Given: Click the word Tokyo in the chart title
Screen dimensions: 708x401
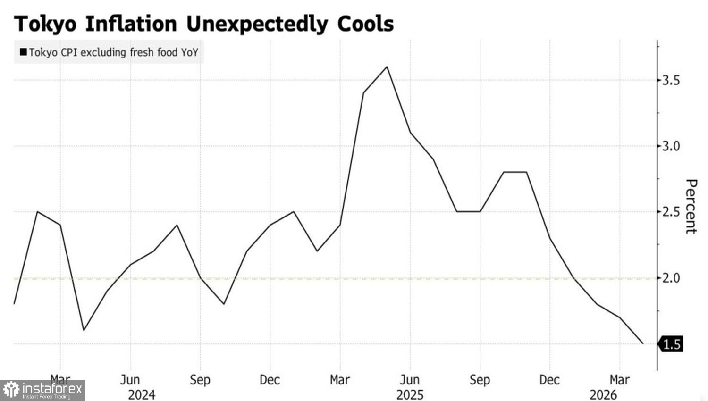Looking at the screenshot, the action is (x=45, y=24).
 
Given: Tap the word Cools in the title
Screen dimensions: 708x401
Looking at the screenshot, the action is (x=365, y=24).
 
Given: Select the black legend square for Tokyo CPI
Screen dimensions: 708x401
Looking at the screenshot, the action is (x=23, y=52).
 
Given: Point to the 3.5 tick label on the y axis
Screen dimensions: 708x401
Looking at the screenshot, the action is (x=671, y=81).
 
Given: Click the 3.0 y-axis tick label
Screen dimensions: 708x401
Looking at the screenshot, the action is (x=671, y=146).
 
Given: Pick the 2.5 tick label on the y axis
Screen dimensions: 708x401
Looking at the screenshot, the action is (x=671, y=212).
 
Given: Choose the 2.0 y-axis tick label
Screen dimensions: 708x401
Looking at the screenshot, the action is (x=671, y=278).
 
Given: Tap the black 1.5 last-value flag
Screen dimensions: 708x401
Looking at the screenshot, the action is (x=670, y=344).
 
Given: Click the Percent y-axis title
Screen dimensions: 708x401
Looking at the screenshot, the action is (x=691, y=207).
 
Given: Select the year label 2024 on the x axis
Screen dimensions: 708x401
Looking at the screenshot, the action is (x=142, y=395).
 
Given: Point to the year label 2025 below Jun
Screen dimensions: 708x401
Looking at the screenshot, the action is (x=410, y=395).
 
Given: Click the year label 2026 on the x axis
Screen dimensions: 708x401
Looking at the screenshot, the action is (x=603, y=395).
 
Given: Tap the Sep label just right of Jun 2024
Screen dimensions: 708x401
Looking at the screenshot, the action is (x=200, y=380).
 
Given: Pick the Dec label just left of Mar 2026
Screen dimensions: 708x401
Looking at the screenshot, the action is (x=550, y=380).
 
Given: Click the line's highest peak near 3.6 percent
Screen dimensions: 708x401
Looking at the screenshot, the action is (x=387, y=67).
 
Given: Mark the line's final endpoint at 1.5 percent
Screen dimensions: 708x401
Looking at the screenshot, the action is (x=643, y=343).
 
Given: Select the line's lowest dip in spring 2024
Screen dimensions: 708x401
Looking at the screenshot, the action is (x=84, y=330).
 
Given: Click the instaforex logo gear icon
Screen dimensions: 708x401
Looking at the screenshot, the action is (x=11, y=390).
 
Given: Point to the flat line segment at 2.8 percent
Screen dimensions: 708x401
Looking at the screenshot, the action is (x=515, y=172).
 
